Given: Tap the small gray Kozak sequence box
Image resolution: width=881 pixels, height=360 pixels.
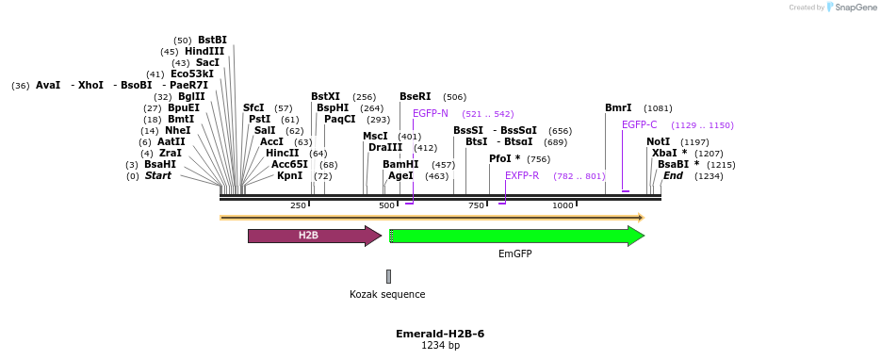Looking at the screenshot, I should tap(388, 276).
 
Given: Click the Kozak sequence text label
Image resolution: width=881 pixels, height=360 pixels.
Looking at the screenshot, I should tap(387, 294).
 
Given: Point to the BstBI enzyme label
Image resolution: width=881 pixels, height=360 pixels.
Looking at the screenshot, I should tap(212, 41).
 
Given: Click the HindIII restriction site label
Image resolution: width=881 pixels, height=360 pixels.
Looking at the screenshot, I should tap(204, 52).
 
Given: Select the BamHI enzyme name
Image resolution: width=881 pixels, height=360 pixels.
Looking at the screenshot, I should tap(400, 164).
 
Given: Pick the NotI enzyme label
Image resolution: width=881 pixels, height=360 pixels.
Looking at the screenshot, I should tap(658, 141).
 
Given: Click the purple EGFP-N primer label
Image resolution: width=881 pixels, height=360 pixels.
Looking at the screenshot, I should tap(431, 113).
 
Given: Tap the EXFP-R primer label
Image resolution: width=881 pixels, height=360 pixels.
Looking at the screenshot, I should tap(522, 175).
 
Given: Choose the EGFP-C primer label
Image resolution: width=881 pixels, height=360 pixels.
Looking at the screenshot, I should tap(640, 124).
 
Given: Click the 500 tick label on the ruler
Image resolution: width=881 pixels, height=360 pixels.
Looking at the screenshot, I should tap(386, 205).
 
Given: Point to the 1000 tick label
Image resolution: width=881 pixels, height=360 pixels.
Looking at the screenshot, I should tap(563, 205).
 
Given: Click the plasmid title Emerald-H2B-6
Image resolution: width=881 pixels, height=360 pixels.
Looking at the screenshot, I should tap(440, 334).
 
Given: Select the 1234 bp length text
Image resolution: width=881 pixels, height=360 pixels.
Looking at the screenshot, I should tap(440, 346).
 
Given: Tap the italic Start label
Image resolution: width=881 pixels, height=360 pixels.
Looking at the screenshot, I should tap(157, 175).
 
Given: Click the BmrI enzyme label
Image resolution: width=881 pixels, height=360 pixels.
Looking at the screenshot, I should tap(618, 107).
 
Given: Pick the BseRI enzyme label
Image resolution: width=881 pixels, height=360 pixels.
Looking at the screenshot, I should tap(415, 96).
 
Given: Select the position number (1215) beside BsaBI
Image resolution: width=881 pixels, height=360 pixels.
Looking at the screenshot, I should tap(721, 164).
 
